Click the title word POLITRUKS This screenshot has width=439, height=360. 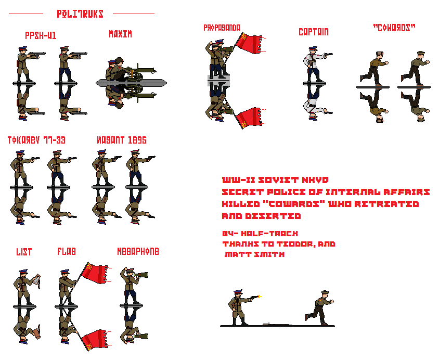80,14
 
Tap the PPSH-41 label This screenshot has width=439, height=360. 41,35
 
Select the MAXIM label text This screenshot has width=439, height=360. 120,34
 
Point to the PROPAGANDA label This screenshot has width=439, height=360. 222,28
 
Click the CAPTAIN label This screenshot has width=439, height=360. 313,32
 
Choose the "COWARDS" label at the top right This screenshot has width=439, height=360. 394,28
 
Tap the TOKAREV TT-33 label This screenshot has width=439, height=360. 36,140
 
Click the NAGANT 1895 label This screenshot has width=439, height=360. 121,140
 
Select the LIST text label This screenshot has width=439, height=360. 24,252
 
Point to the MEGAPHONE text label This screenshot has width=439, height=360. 138,251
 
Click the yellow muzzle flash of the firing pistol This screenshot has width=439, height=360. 260,297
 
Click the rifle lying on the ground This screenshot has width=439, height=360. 272,324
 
